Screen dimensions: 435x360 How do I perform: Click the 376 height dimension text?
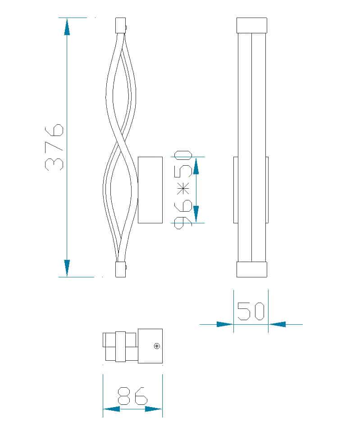click(x=54, y=146)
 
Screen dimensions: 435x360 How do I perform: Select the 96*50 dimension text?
click(x=183, y=190)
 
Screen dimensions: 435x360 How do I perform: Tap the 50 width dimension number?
click(x=251, y=311)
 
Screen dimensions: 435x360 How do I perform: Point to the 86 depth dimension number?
click(x=132, y=396)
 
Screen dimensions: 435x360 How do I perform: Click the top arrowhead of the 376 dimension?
click(x=67, y=27)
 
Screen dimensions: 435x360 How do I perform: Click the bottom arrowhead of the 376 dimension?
click(x=67, y=267)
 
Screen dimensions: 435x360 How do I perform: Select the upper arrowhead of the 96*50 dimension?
click(x=196, y=165)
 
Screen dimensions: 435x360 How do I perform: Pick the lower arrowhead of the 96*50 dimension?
click(x=196, y=214)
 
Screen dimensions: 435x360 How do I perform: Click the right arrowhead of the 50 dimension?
click(x=277, y=324)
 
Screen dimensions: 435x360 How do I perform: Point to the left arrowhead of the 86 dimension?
click(x=112, y=409)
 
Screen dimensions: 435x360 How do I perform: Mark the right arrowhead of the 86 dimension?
click(x=154, y=409)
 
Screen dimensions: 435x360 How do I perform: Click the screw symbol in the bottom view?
click(x=156, y=346)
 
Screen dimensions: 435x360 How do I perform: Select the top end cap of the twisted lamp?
click(x=120, y=25)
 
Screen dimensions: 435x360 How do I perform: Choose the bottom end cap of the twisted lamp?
click(x=120, y=269)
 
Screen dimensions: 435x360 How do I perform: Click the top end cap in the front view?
click(x=251, y=25)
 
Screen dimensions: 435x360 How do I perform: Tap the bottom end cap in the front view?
click(x=251, y=269)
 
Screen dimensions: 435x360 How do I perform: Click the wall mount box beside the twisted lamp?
click(x=150, y=190)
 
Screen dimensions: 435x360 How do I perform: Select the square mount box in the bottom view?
click(x=150, y=346)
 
